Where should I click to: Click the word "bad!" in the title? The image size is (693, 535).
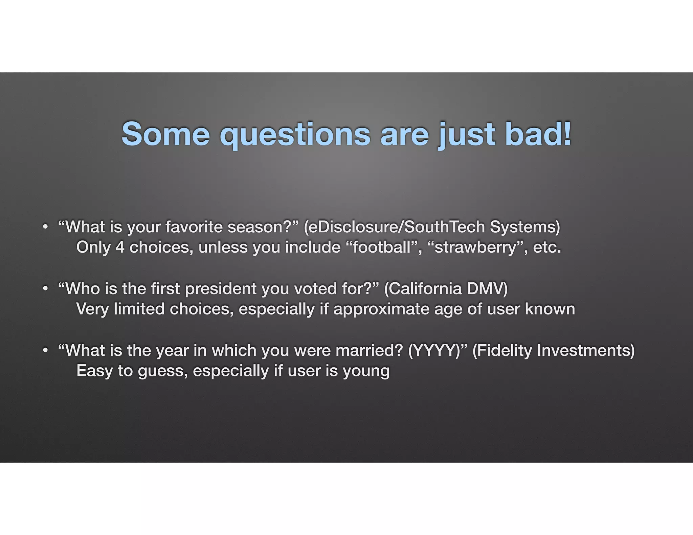pos(538,134)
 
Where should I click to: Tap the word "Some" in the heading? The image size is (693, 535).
pos(166,134)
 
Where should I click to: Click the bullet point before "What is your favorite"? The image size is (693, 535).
pos(45,227)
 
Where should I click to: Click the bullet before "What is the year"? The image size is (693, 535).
pos(45,350)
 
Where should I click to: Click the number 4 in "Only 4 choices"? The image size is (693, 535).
pos(120,247)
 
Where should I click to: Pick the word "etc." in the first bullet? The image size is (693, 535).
pos(547,247)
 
